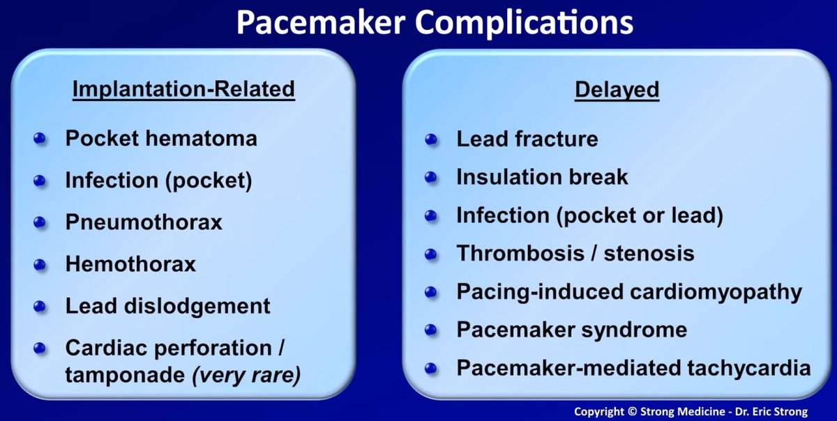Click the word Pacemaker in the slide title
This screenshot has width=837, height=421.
(x=321, y=22)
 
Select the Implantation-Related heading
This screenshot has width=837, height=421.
(x=183, y=89)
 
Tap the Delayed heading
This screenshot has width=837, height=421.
(x=617, y=91)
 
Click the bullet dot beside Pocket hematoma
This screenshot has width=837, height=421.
(x=40, y=139)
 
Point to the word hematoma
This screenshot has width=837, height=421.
(x=201, y=138)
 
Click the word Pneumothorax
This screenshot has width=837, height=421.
(x=144, y=222)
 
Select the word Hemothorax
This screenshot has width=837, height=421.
(x=131, y=263)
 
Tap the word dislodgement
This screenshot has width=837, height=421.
(x=197, y=306)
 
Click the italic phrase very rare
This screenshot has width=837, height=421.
(x=246, y=375)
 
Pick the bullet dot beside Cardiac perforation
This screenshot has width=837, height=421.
(x=40, y=349)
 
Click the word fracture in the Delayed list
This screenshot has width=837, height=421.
(x=557, y=139)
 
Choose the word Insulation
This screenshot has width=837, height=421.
(x=509, y=176)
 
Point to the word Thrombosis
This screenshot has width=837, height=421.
(x=520, y=253)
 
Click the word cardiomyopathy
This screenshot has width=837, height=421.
(x=716, y=292)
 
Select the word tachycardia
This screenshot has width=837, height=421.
(x=749, y=368)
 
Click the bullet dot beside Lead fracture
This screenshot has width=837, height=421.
(x=431, y=139)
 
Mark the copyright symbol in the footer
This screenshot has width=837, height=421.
(x=632, y=411)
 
